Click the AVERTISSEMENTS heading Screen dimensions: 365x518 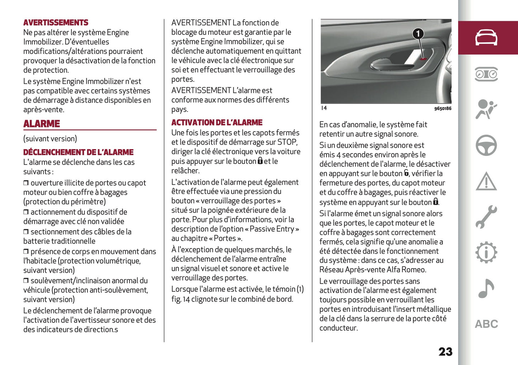56,23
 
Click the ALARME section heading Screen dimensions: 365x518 42,124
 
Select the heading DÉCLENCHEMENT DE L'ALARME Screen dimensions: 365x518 78,152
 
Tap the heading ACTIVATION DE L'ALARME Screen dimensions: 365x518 217,123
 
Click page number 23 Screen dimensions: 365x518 445,351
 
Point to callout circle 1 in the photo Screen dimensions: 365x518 418,34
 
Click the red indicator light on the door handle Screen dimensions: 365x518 423,59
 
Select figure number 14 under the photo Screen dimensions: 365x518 324,108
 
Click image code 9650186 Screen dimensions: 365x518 442,108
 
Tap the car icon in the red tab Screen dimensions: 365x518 486,38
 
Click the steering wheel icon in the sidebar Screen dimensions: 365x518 486,145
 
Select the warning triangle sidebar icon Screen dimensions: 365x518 486,181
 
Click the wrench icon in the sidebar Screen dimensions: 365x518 486,217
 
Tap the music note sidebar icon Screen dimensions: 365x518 486,288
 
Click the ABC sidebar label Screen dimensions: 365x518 486,324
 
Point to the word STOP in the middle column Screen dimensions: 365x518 287,142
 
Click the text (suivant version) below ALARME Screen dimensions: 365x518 50,139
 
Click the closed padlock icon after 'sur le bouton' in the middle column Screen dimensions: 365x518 260,161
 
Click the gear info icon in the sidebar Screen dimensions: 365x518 486,252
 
